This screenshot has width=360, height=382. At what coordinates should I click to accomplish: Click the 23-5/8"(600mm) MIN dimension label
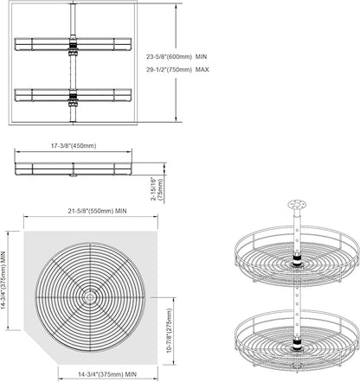tap(177, 57)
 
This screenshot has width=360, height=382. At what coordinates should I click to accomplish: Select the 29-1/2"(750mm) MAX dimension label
tap(177, 69)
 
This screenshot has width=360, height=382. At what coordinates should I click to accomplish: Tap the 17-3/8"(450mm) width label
tap(74, 146)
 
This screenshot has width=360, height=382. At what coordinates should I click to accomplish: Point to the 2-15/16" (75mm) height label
tap(157, 189)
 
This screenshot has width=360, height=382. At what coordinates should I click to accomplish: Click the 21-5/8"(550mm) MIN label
tap(97, 211)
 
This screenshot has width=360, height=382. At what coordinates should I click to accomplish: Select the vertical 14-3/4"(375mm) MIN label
tap(3, 284)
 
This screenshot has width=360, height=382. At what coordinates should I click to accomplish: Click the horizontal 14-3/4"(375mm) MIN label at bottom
tap(107, 374)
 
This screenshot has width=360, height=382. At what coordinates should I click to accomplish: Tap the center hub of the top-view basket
tap(90, 297)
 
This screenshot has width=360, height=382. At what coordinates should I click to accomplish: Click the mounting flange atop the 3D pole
tap(297, 205)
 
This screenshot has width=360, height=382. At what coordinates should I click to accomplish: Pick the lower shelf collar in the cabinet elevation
tap(73, 99)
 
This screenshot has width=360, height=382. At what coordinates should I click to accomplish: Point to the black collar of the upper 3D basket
tap(297, 258)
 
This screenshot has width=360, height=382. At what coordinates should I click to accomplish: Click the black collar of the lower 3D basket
tap(297, 342)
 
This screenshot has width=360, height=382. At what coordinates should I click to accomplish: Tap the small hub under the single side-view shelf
tap(73, 175)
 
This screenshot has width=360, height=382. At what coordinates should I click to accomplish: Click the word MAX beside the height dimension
tap(202, 69)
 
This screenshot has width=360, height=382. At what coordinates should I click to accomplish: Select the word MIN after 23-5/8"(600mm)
tap(201, 57)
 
